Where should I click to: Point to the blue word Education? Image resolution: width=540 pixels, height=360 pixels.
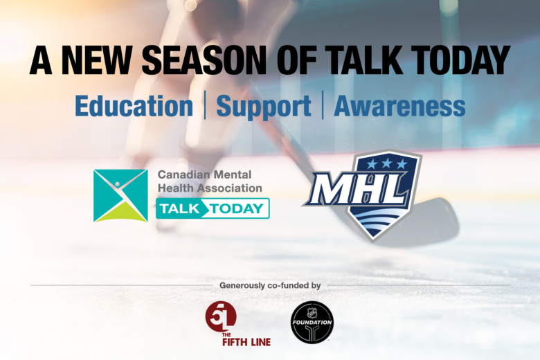(x=134, y=106)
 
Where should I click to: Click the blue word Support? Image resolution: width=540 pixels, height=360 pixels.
(x=264, y=107)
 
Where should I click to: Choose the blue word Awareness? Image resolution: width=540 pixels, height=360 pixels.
(x=399, y=106)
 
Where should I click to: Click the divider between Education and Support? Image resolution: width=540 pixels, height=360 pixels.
(x=205, y=105)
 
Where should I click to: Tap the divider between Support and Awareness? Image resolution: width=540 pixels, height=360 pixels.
(x=323, y=105)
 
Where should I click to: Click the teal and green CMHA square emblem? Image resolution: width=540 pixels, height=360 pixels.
(x=120, y=196)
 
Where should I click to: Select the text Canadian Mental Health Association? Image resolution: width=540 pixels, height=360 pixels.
(x=210, y=181)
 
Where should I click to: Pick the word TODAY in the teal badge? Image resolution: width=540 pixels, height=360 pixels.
(x=237, y=209)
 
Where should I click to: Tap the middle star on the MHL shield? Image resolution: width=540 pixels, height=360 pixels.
(x=386, y=163)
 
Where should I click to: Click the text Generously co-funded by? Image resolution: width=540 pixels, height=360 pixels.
(x=270, y=286)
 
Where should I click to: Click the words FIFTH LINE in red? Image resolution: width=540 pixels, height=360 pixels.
(x=246, y=342)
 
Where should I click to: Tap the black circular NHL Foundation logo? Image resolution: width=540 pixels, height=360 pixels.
(x=312, y=323)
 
